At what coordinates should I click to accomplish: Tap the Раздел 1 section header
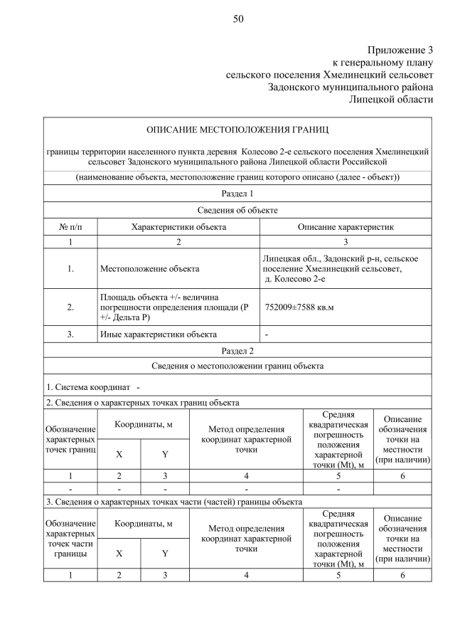[x=237, y=193]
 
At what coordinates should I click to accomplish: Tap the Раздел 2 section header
[x=237, y=350]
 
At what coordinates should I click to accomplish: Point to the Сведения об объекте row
[x=237, y=210]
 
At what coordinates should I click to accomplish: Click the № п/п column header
[x=70, y=226]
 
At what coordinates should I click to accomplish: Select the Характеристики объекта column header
[x=178, y=226]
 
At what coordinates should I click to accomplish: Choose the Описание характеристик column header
[x=346, y=226]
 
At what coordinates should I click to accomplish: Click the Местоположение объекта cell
[x=149, y=269]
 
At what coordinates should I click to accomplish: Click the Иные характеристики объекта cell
[x=158, y=334]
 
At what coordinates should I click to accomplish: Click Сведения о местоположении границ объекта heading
[x=237, y=366]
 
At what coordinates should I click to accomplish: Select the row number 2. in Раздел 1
[x=70, y=307]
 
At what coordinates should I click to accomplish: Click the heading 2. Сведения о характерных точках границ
[x=142, y=402]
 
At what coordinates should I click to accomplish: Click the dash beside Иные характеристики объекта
[x=267, y=334]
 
